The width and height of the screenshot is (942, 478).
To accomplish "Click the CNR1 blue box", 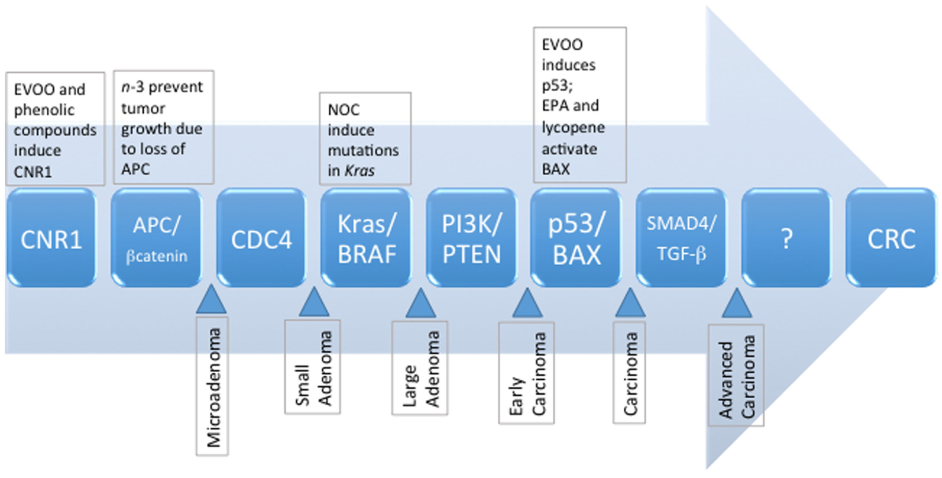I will click(x=51, y=238).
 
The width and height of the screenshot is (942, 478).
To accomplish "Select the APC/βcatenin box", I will click(x=157, y=238).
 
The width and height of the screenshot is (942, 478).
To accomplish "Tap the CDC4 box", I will click(x=262, y=238).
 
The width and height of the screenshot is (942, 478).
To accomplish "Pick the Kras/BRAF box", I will click(x=367, y=238).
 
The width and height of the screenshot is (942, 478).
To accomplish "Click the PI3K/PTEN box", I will click(x=472, y=238).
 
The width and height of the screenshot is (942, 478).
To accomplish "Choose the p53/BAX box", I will click(x=576, y=238).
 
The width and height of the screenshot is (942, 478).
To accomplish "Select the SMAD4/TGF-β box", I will click(x=682, y=238).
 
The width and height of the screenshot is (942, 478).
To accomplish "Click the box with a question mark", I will click(x=787, y=238).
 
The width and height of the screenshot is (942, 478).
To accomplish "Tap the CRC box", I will click(x=891, y=238).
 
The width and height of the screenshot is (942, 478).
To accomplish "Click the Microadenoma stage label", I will click(x=213, y=388).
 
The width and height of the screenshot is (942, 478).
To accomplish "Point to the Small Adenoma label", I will click(x=312, y=368).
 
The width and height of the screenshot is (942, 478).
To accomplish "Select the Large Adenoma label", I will click(x=420, y=369).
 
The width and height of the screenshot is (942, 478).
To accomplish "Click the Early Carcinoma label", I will click(x=527, y=373).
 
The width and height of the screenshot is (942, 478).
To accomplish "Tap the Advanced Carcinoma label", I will click(x=736, y=376).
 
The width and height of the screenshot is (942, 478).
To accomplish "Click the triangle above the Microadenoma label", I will click(x=211, y=301).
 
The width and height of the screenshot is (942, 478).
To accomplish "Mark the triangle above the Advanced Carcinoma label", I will click(x=736, y=305).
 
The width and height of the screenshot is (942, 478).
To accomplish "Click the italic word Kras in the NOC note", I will click(x=360, y=171).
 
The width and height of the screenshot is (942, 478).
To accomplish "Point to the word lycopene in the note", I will click(x=573, y=128).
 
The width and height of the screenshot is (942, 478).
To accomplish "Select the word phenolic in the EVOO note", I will click(x=44, y=110).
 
